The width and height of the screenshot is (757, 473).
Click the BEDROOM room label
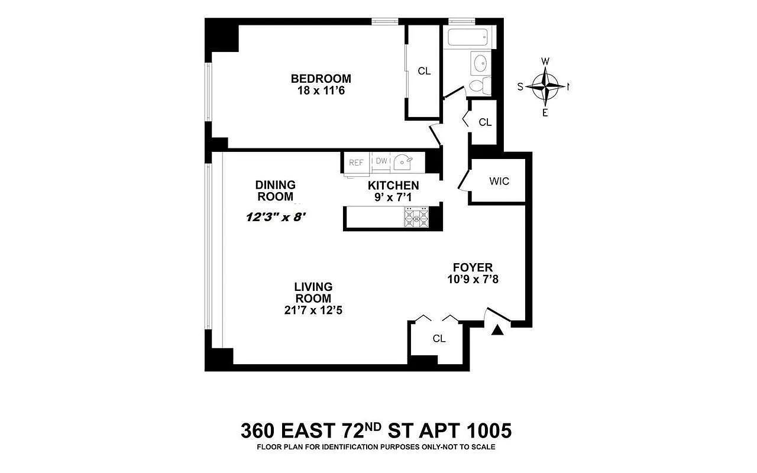[x=321, y=79]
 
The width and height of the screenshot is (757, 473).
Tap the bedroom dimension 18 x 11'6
[x=321, y=90]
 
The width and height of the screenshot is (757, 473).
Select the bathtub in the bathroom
[x=468, y=37]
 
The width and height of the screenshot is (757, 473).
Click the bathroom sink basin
[x=480, y=63]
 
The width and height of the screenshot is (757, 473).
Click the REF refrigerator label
[x=356, y=163]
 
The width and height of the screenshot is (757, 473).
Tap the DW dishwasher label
[x=381, y=161]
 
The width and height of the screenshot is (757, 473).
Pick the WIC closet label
[x=499, y=182]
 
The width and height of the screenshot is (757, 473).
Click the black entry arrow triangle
[x=497, y=330]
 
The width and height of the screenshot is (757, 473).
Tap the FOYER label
[x=473, y=268]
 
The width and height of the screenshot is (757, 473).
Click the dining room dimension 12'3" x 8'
[x=276, y=217]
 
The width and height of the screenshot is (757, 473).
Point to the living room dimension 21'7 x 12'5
[x=313, y=310]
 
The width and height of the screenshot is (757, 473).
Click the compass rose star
[x=545, y=87]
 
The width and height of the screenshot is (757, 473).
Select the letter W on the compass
[x=545, y=61]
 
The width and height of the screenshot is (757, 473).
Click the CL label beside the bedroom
[x=424, y=72]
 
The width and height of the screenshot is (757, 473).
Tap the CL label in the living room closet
[x=439, y=339]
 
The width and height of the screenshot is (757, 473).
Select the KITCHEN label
[x=393, y=186]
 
